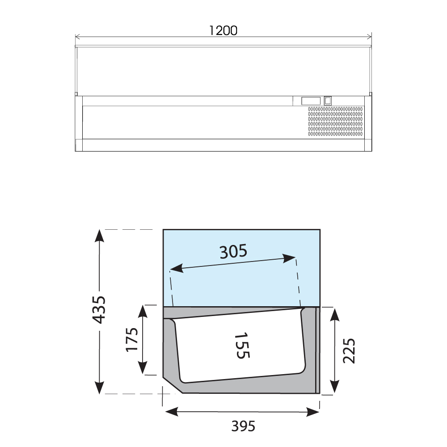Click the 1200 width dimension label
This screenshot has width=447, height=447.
coord(223,30)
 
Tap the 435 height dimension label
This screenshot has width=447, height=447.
coord(100,310)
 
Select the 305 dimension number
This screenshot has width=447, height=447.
coord(233,251)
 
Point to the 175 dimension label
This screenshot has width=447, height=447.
coord(132,340)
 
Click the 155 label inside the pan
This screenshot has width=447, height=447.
coord(242,346)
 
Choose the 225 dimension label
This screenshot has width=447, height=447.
coord(349,350)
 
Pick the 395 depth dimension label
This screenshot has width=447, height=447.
coord(243,426)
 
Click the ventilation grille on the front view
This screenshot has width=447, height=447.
coord(335,122)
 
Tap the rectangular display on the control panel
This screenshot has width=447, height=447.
coord(311,101)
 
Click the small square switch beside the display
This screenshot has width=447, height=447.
coord(328,101)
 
